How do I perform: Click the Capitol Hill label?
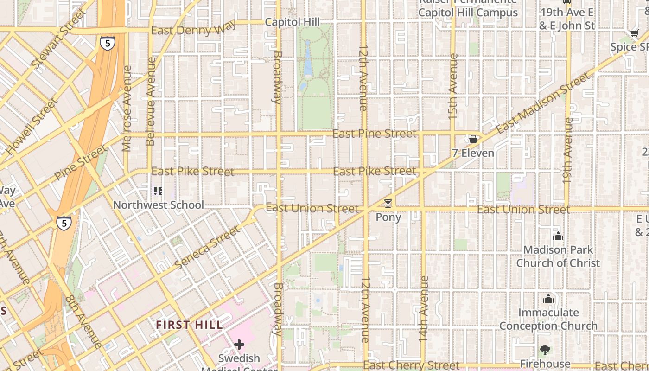(292, 22)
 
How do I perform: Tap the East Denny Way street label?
(188, 31)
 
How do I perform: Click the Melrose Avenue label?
(127, 109)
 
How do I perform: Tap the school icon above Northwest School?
(158, 191)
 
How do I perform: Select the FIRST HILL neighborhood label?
(189, 325)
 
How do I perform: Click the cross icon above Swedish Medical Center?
(239, 345)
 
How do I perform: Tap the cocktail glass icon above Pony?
(388, 203)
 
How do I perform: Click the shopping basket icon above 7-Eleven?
(473, 139)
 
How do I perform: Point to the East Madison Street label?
(543, 103)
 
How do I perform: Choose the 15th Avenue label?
(453, 86)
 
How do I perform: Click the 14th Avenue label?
(423, 309)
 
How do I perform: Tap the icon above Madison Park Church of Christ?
(558, 237)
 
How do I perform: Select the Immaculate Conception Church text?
(548, 319)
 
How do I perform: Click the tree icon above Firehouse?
(545, 350)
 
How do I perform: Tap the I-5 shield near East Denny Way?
(107, 43)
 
